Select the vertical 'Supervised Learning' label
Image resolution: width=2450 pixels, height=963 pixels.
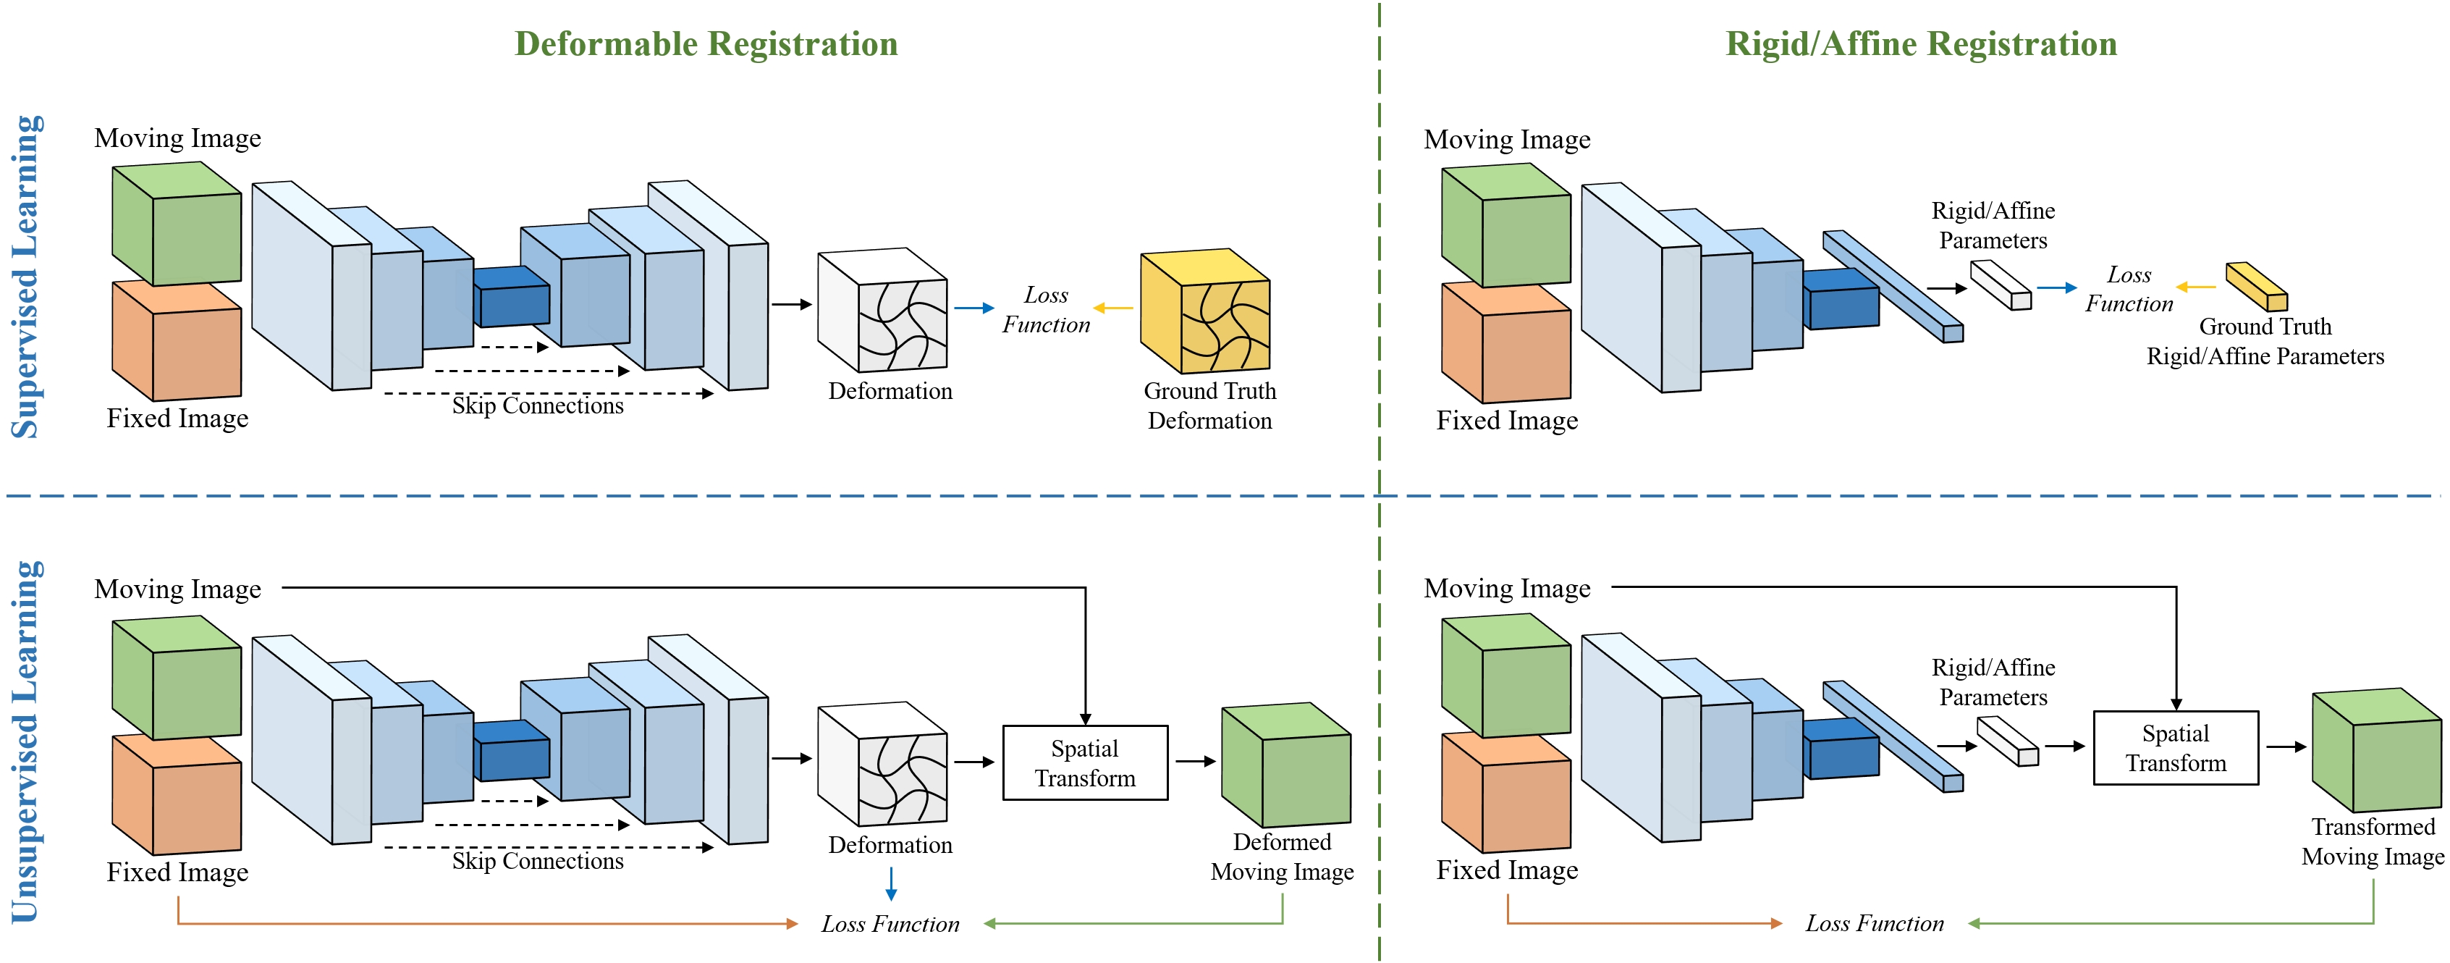[25, 277]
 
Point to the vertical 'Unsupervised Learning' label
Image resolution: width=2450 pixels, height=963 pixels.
[25, 742]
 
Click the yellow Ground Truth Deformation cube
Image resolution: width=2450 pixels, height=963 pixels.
[1205, 311]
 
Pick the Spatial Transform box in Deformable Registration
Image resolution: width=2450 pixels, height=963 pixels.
[1085, 763]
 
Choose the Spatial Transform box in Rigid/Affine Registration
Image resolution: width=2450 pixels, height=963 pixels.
[2176, 748]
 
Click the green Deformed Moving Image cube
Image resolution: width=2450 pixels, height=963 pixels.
[1286, 765]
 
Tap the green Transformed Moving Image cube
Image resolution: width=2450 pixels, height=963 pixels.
[2377, 750]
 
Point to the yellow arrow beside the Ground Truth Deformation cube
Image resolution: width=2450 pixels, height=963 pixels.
[1112, 308]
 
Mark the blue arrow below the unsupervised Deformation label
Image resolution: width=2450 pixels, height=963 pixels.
[891, 884]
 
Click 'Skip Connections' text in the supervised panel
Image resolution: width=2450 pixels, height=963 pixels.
[537, 406]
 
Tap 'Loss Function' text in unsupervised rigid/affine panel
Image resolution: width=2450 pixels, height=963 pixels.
[1875, 924]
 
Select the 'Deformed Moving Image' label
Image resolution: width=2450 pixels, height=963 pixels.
[1282, 857]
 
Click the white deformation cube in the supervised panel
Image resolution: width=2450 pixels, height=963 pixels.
[882, 310]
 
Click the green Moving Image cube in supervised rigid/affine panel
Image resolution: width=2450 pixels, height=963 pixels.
[1506, 224]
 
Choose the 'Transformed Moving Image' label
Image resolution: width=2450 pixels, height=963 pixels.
[2373, 842]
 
